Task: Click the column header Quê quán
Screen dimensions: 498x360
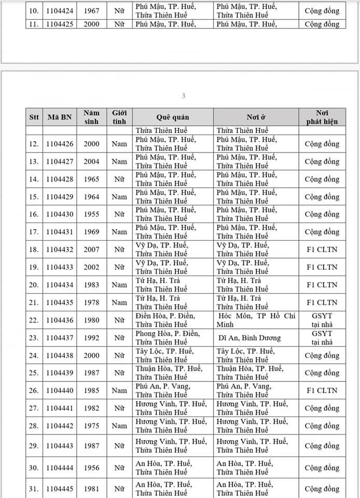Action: point(173,117)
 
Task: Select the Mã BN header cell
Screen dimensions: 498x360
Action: point(59,117)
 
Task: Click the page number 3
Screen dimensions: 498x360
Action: point(183,96)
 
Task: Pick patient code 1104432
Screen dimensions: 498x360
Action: point(59,250)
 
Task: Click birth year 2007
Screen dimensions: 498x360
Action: point(92,250)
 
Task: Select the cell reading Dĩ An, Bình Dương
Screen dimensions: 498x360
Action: point(249,338)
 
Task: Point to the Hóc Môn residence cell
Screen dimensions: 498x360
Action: point(255,320)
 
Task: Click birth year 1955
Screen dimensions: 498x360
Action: point(92,214)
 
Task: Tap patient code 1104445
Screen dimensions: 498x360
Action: point(59,488)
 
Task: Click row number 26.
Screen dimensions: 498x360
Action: point(34,391)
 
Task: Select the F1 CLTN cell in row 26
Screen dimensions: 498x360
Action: point(322,391)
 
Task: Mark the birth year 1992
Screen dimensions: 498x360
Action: point(92,338)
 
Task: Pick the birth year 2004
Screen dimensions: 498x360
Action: point(92,161)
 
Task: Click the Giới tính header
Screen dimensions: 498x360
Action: point(119,117)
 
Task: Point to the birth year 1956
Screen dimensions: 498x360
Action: point(92,467)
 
